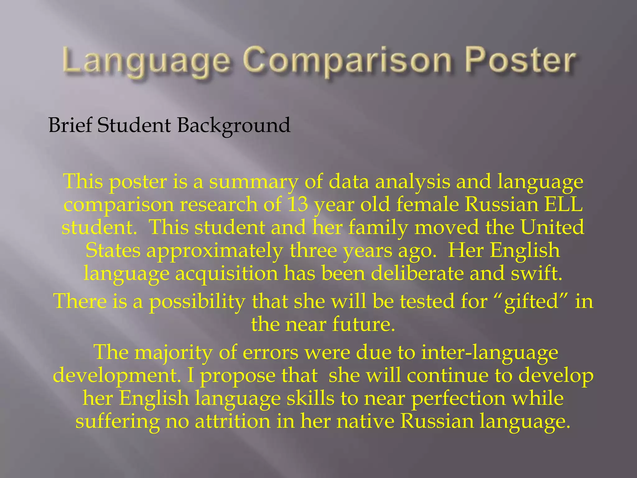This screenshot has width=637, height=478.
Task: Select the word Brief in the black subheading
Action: click(x=70, y=125)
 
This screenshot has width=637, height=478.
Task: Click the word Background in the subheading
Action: click(x=234, y=126)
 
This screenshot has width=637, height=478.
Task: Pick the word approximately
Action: click(x=215, y=251)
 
